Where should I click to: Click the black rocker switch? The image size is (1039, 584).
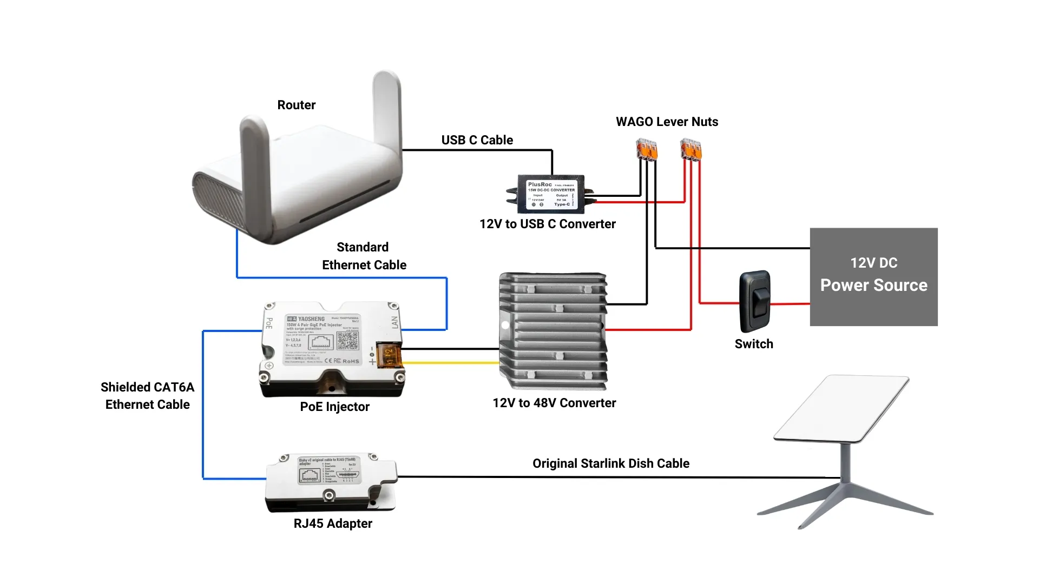pos(755,301)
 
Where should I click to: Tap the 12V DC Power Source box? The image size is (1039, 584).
pos(873,276)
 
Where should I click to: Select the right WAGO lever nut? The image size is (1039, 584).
pos(691,149)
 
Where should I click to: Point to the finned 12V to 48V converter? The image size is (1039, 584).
pos(553,331)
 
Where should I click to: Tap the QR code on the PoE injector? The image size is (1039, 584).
pos(347,341)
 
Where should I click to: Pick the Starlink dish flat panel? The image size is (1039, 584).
pos(841,408)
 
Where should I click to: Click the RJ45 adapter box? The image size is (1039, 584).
pos(330,481)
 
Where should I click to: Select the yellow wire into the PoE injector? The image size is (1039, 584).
pos(449,363)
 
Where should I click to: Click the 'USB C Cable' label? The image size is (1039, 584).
pos(477,140)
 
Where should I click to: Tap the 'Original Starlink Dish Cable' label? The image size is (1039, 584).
pos(610,463)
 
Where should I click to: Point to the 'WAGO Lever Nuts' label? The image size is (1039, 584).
pos(667,122)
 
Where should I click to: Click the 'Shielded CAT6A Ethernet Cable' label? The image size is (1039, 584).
pos(147,396)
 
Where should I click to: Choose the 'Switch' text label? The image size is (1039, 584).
pos(753,344)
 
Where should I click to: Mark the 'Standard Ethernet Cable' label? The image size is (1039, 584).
pos(364,256)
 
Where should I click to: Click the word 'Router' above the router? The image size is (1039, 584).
pos(296,105)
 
